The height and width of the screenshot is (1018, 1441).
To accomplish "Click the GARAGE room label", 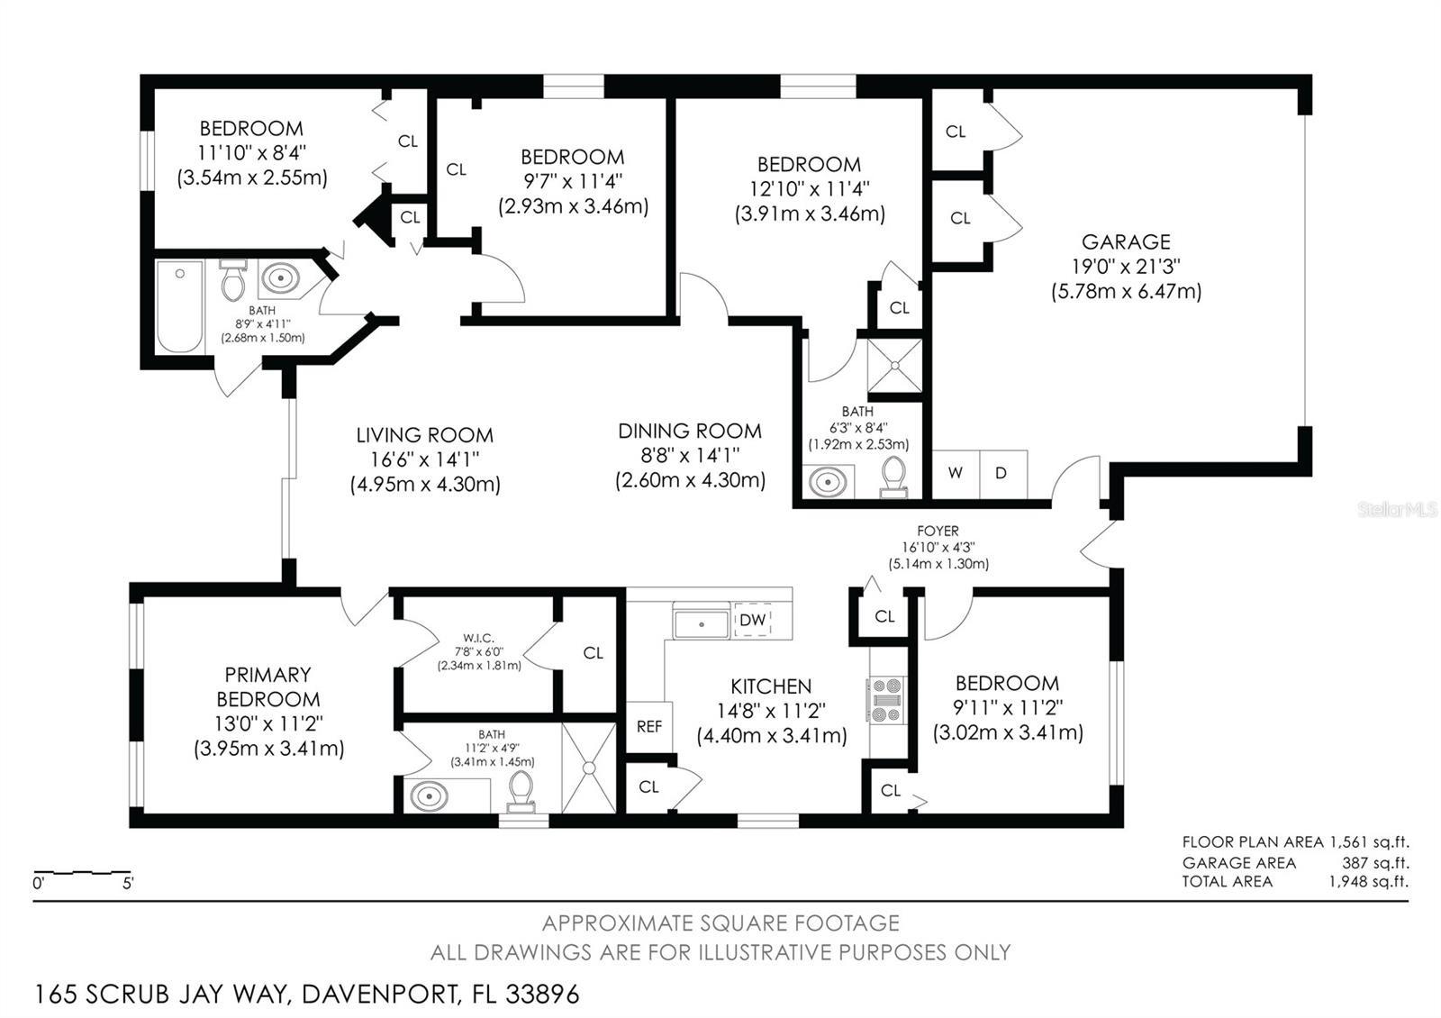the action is (x=1126, y=242).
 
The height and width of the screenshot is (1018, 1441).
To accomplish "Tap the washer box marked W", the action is (x=956, y=474).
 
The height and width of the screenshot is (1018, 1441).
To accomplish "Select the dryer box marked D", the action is (x=1003, y=474).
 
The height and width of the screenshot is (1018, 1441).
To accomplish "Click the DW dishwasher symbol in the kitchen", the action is (x=752, y=620).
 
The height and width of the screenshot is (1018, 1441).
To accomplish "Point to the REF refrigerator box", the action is (x=649, y=726).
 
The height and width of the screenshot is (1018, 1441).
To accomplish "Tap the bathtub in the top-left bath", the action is (x=180, y=306).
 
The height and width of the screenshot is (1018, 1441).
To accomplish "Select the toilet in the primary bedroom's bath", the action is (x=521, y=792).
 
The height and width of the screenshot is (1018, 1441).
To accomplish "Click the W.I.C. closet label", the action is (x=478, y=639).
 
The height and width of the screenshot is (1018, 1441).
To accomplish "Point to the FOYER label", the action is (x=938, y=531).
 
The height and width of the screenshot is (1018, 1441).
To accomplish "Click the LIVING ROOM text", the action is (x=425, y=435).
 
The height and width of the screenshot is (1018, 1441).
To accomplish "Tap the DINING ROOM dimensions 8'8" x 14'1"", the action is (x=690, y=456).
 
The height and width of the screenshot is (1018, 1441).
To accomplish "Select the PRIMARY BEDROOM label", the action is (x=268, y=686).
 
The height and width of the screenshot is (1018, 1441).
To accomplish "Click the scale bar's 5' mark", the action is (x=128, y=884).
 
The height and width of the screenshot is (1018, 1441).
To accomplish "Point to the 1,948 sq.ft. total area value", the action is (x=1369, y=882).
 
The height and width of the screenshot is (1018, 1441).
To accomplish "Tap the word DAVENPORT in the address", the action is (x=382, y=995).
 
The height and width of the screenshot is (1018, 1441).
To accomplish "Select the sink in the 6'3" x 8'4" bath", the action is (x=828, y=482).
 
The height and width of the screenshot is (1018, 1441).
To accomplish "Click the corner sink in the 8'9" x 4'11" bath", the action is (x=280, y=278).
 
